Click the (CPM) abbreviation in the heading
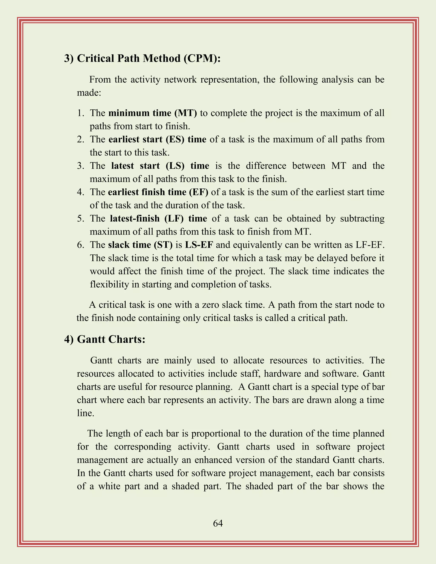tap(202, 59)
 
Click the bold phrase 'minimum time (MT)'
tap(153, 113)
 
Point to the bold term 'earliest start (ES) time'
tap(157, 139)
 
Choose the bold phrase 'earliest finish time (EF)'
tap(158, 192)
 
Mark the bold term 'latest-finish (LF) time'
tap(158, 219)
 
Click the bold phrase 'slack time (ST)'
tap(140, 245)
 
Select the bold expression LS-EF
tap(199, 245)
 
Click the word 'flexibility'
tap(109, 284)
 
